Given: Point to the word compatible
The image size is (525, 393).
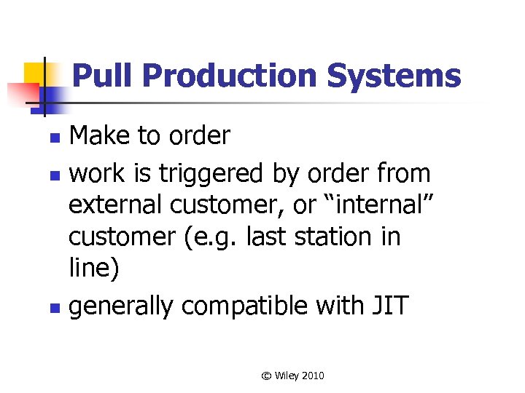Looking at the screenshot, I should pos(244,306).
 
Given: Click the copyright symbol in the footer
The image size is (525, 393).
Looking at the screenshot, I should pos(266,376).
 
